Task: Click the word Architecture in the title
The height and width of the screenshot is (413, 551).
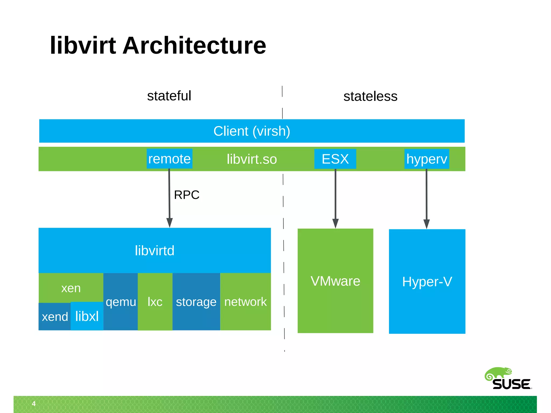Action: (194, 46)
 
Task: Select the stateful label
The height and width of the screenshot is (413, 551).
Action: (169, 96)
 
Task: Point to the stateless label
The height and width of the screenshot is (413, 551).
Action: (370, 97)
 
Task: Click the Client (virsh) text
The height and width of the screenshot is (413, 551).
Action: (252, 131)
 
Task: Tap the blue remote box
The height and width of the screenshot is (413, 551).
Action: (169, 159)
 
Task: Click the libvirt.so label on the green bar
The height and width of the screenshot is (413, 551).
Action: (252, 159)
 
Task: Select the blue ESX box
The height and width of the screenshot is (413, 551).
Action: (335, 159)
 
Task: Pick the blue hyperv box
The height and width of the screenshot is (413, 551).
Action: (427, 159)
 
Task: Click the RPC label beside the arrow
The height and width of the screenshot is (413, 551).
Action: (186, 195)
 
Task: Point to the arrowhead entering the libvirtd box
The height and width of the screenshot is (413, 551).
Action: (169, 223)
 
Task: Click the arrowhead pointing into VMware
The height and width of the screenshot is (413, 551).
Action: (335, 223)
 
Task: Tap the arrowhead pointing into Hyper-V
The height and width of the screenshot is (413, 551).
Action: (426, 224)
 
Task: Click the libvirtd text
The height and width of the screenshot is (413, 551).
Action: (154, 251)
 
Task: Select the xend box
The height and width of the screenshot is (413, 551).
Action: (55, 317)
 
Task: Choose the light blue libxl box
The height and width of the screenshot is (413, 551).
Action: (87, 316)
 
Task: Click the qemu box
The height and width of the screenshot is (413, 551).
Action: (121, 302)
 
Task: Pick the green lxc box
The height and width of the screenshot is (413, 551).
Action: (155, 302)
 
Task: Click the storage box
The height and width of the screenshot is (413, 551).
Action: (196, 302)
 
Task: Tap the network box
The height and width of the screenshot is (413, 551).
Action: (245, 302)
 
